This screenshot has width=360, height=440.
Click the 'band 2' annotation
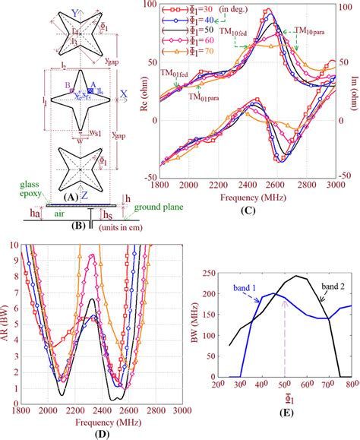pyautogui.click(x=327, y=285)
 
